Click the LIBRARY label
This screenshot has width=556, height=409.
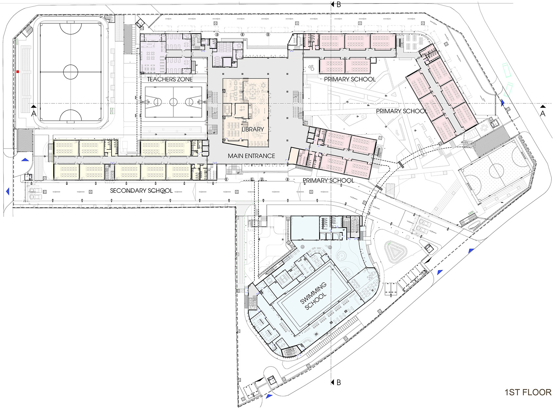point(252,129)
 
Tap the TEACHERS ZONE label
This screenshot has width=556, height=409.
point(170,79)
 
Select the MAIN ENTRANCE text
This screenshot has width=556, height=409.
point(251,156)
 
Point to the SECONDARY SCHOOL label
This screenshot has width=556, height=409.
point(141,190)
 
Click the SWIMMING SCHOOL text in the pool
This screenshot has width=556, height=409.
point(313,296)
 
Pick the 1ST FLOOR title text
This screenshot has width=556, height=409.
point(528,392)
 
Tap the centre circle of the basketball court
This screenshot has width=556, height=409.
point(173,102)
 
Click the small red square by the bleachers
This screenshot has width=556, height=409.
point(18,71)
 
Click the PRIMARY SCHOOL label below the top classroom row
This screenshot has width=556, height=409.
point(350,79)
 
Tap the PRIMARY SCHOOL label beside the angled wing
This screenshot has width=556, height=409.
point(402,111)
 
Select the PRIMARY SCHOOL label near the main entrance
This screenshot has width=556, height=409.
point(328,180)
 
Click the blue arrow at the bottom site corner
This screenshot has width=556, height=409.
point(269,396)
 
